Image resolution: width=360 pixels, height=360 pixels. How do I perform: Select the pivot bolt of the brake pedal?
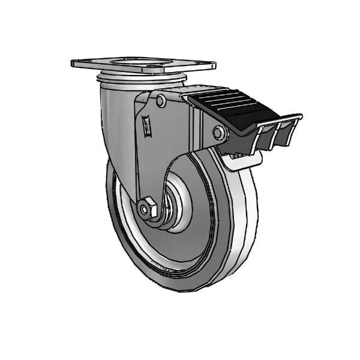coord(220,133)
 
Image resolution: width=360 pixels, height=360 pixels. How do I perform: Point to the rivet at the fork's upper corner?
coord(161,101)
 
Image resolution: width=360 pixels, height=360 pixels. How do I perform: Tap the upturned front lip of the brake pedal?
coord(288,118)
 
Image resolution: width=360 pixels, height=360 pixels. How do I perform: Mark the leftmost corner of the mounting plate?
coord(72,62)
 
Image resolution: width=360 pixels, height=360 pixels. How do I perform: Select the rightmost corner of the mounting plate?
coord(214,62)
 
